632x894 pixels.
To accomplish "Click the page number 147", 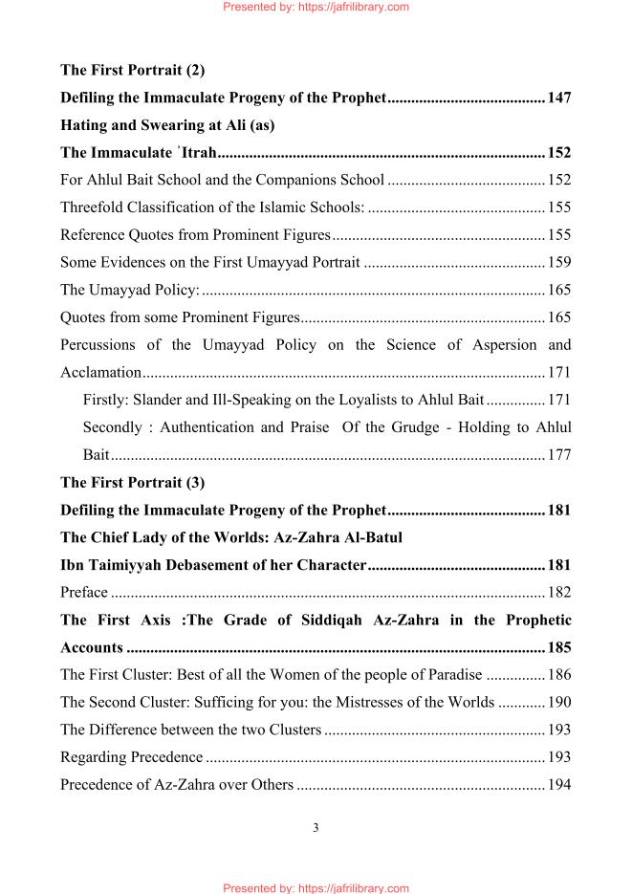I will (559, 98).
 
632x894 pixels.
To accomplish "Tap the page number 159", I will (559, 262).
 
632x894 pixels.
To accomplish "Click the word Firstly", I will (106, 400).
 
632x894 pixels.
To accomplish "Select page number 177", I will (559, 455).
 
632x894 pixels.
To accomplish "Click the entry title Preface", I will (84, 593).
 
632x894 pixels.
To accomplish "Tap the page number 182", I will (559, 593).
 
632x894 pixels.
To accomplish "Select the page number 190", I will (559, 703).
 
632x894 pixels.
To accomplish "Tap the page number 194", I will (559, 785).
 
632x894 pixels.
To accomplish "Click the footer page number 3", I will (316, 828).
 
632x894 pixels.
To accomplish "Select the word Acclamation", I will (101, 372).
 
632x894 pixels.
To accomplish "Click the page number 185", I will (559, 647).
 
